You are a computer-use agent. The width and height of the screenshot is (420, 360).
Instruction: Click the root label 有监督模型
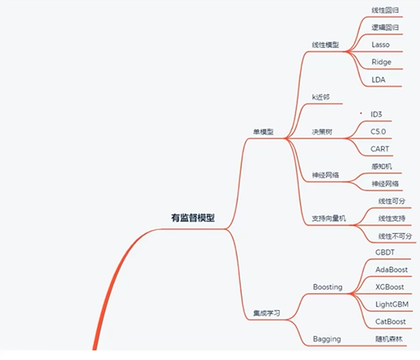(192, 218)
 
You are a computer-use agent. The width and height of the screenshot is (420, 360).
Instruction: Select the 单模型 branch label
(263, 132)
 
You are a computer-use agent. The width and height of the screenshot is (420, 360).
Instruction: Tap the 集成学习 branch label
(266, 314)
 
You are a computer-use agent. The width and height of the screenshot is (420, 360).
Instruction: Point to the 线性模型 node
(325, 45)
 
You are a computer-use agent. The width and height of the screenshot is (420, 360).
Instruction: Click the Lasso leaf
(380, 45)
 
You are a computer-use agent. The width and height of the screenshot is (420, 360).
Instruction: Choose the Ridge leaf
(381, 62)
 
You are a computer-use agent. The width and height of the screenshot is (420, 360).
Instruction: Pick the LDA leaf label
(378, 80)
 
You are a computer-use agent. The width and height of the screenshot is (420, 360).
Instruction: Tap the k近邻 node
(321, 97)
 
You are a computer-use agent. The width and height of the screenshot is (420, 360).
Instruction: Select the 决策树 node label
(322, 132)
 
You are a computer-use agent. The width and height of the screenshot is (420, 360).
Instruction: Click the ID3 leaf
(376, 115)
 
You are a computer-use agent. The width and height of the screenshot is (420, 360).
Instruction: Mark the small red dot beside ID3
(361, 112)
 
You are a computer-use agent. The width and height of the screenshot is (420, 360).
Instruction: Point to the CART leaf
(379, 149)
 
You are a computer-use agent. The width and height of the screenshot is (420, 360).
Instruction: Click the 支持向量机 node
(329, 219)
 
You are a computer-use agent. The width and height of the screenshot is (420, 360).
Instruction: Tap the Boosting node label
(327, 287)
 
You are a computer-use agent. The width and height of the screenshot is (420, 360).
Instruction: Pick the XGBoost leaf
(389, 287)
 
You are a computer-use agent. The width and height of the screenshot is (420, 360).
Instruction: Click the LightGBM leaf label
(392, 304)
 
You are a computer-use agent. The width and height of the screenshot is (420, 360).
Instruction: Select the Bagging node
(327, 339)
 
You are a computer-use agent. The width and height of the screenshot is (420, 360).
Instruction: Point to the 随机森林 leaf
(389, 339)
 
